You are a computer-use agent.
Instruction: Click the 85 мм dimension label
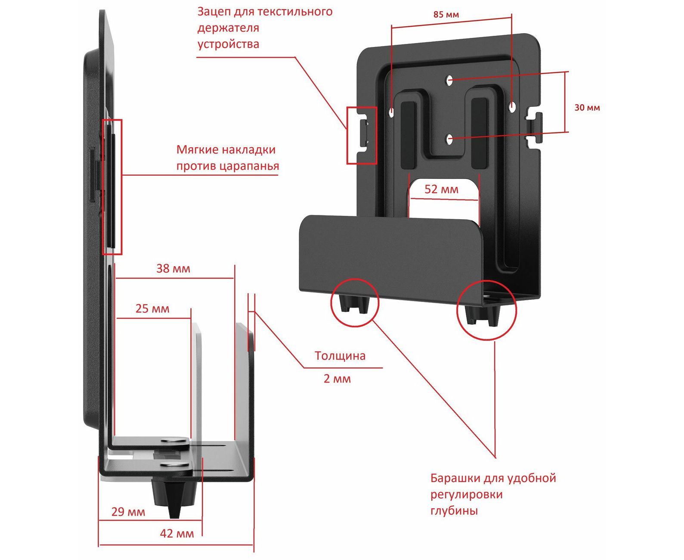pyautogui.click(x=446, y=15)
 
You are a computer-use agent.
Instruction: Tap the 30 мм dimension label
pyautogui.click(x=587, y=108)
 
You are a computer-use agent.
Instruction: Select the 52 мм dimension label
pyautogui.click(x=441, y=190)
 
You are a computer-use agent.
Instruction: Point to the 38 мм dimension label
pyautogui.click(x=173, y=269)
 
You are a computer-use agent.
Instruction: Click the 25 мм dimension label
pyautogui.click(x=152, y=309)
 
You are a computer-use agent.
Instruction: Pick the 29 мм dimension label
pyautogui.click(x=128, y=512)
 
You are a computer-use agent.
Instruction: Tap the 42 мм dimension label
pyautogui.click(x=177, y=534)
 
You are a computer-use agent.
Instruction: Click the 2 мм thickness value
pyautogui.click(x=337, y=379)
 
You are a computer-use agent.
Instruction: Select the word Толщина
pyautogui.click(x=340, y=356)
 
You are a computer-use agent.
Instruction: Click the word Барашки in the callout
pyautogui.click(x=455, y=478)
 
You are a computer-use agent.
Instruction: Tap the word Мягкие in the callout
pyautogui.click(x=195, y=150)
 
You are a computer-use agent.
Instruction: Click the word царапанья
pyautogui.click(x=253, y=166)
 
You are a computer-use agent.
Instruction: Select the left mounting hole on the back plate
pyautogui.click(x=391, y=112)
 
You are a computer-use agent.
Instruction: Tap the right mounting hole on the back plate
pyautogui.click(x=512, y=106)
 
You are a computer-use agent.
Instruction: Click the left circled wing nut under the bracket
pyautogui.click(x=354, y=303)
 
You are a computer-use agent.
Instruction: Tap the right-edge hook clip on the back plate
pyautogui.click(x=535, y=126)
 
